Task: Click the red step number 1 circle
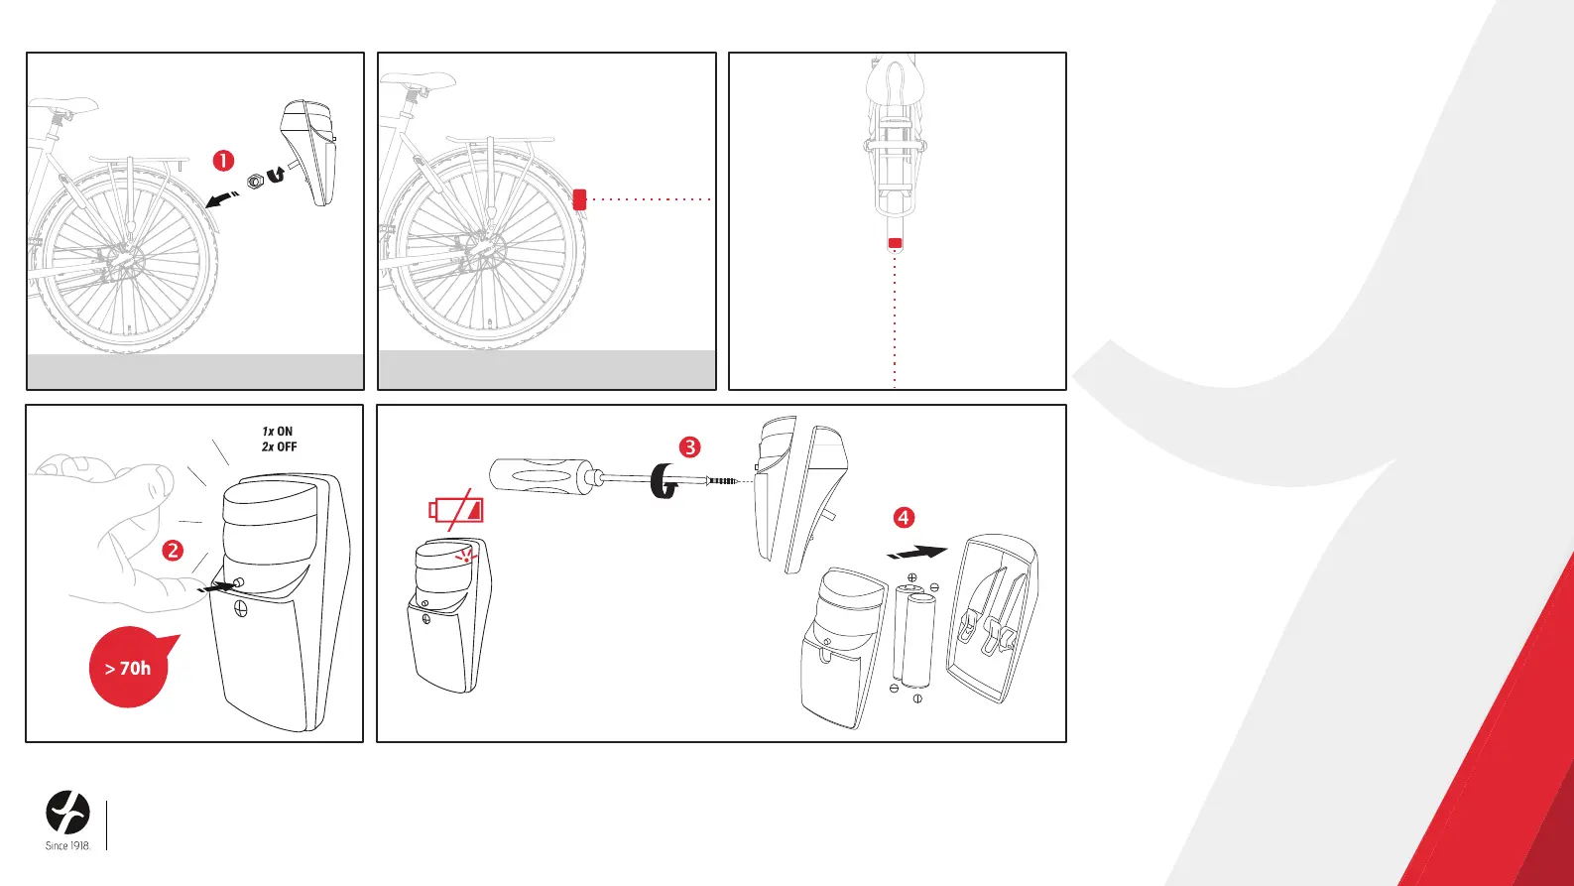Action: click(223, 161)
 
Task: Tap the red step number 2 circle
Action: click(173, 550)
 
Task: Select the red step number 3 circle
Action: click(690, 447)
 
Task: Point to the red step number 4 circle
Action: click(904, 518)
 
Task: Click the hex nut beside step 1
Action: click(255, 182)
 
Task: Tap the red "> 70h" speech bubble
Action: click(130, 666)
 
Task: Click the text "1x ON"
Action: click(278, 431)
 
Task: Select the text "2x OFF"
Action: click(280, 446)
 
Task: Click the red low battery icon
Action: click(456, 509)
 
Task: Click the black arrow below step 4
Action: click(917, 553)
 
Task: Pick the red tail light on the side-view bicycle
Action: click(579, 199)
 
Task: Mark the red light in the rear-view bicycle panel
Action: click(895, 243)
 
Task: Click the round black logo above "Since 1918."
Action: click(68, 813)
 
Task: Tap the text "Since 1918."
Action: click(68, 846)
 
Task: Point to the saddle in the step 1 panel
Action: click(63, 106)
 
